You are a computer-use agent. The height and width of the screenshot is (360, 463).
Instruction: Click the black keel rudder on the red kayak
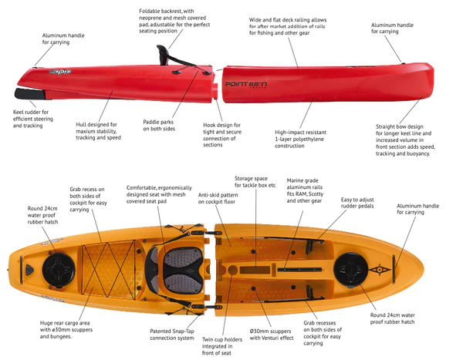pyautogui.click(x=30, y=94)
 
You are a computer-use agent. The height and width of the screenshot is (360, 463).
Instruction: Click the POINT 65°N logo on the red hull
pyautogui.click(x=246, y=84)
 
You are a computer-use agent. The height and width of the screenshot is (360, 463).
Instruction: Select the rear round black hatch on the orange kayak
pyautogui.click(x=59, y=270)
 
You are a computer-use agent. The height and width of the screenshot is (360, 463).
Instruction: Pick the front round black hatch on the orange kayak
pyautogui.click(x=350, y=269)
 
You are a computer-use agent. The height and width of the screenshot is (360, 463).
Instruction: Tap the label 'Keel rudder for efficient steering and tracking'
pyautogui.click(x=32, y=119)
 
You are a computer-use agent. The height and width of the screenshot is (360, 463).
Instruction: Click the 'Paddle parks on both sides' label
pyautogui.click(x=159, y=126)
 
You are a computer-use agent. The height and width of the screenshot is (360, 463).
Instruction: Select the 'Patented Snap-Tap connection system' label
pyautogui.click(x=172, y=335)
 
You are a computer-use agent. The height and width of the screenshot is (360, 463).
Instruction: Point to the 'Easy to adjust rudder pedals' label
pyautogui.click(x=357, y=203)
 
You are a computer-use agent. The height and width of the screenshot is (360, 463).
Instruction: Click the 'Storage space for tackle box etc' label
pyautogui.click(x=255, y=182)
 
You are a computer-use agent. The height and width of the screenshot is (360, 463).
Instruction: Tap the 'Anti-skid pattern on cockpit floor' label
pyautogui.click(x=218, y=198)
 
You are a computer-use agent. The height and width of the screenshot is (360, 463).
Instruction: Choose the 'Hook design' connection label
pyautogui.click(x=222, y=135)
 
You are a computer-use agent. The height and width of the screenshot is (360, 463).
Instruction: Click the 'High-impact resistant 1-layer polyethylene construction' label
pyautogui.click(x=301, y=139)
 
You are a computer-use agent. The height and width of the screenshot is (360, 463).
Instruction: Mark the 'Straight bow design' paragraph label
pyautogui.click(x=405, y=140)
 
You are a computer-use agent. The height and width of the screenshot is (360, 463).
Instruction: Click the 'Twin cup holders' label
pyautogui.click(x=222, y=346)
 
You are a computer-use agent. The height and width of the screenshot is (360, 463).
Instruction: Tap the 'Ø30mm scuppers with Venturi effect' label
pyautogui.click(x=272, y=335)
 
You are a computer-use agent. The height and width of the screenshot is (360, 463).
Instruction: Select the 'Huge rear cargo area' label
pyautogui.click(x=66, y=330)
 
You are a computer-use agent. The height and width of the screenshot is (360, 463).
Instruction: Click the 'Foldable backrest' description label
pyautogui.click(x=174, y=21)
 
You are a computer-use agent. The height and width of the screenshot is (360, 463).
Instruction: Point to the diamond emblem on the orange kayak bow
pyautogui.click(x=380, y=269)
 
